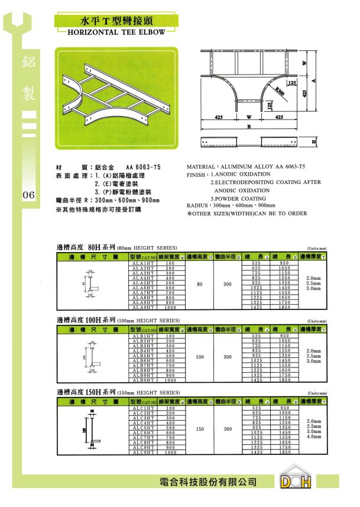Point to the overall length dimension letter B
tap(249, 127)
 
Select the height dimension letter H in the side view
tap(314, 143)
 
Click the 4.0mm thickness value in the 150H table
tap(314, 437)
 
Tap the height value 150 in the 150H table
tap(200, 430)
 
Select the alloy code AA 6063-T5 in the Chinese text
tap(143, 167)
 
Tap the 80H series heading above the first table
tap(116, 247)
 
